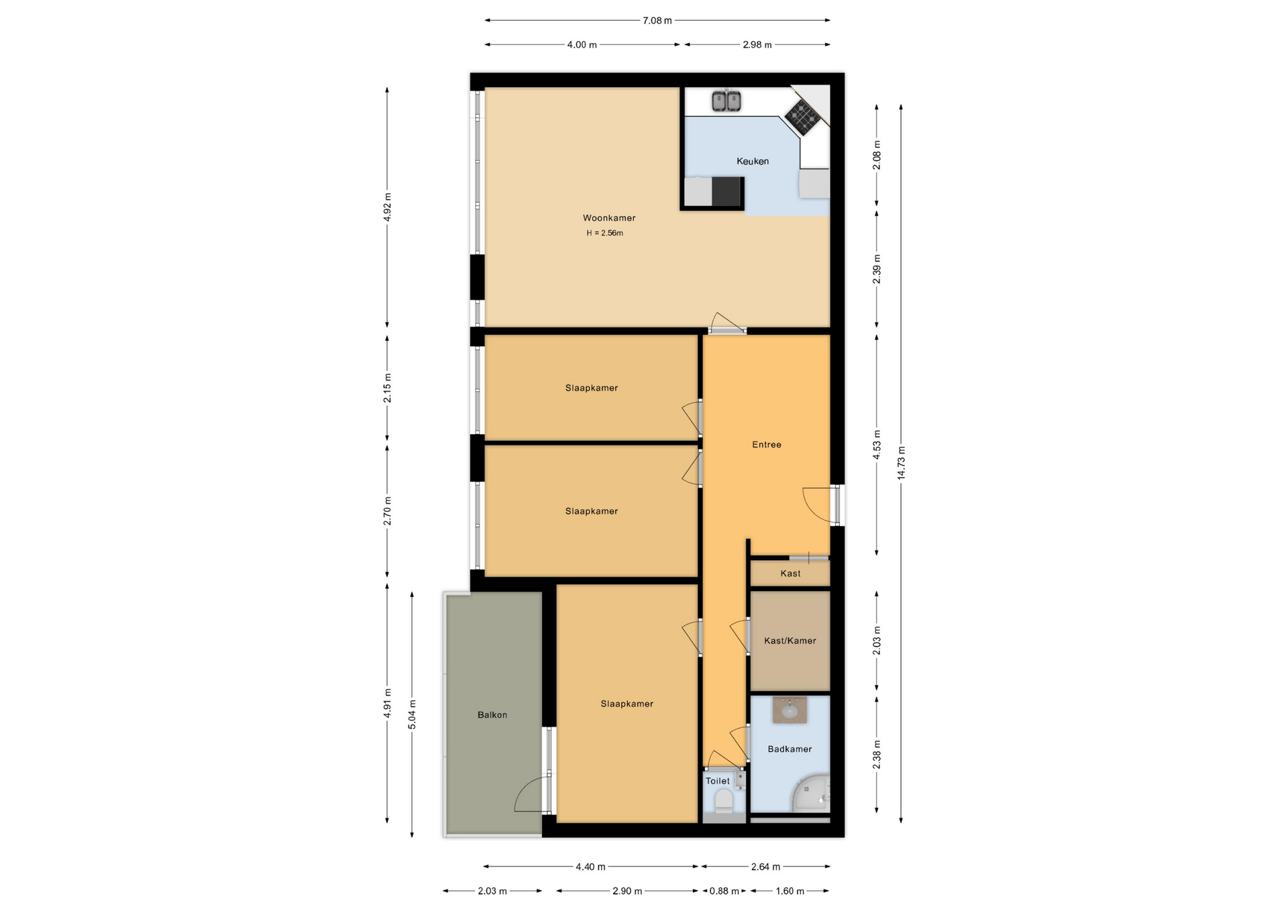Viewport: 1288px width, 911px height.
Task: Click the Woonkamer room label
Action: pos(608,218)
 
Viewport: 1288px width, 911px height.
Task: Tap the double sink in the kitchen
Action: pos(726,101)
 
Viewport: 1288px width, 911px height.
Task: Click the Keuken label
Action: pos(753,161)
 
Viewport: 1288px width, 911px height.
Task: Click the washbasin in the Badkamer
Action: pos(790,710)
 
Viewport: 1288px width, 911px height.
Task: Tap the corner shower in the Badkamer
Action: pos(812,795)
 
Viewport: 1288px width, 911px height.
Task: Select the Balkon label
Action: pos(492,715)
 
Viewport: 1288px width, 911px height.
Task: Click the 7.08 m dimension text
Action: pos(657,21)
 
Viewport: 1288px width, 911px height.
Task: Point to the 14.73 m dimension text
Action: pos(901,463)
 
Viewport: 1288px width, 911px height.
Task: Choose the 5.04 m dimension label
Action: pos(412,714)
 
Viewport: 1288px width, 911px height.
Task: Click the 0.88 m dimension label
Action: pos(724,891)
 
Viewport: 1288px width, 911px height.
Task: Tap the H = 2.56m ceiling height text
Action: pos(604,233)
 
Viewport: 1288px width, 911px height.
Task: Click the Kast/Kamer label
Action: pos(790,641)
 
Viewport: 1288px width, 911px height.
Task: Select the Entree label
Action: pos(766,445)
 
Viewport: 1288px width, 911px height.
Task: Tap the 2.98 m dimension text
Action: pos(757,45)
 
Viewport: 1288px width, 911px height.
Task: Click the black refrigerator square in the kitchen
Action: pos(727,192)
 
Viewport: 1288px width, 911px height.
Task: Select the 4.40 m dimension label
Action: pos(590,867)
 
